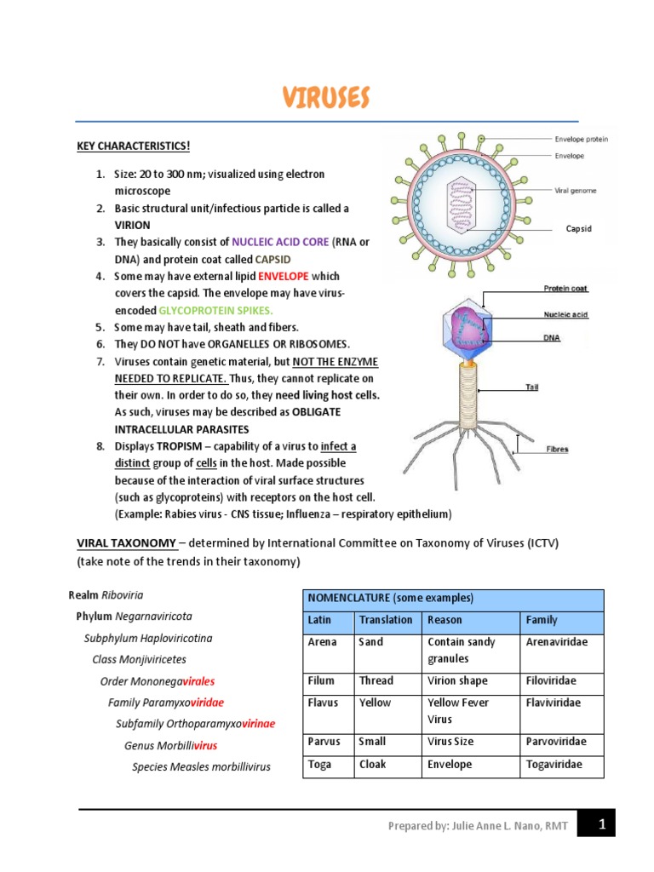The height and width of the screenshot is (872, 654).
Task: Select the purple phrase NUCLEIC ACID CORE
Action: [280, 242]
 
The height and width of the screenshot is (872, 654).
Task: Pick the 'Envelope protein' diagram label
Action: [581, 139]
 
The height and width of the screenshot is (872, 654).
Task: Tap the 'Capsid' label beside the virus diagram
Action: [578, 228]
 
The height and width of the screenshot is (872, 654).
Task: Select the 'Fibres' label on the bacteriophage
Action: [558, 449]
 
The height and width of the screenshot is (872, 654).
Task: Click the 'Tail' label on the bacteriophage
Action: [536, 386]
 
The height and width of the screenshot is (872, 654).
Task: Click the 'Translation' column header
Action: [386, 620]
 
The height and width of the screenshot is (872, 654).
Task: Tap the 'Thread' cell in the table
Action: [376, 680]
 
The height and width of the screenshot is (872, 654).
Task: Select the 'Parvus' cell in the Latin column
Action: [324, 742]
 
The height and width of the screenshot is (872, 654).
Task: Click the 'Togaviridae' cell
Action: [554, 764]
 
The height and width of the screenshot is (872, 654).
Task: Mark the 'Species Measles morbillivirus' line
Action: [201, 766]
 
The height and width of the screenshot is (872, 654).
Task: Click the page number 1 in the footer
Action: [601, 824]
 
